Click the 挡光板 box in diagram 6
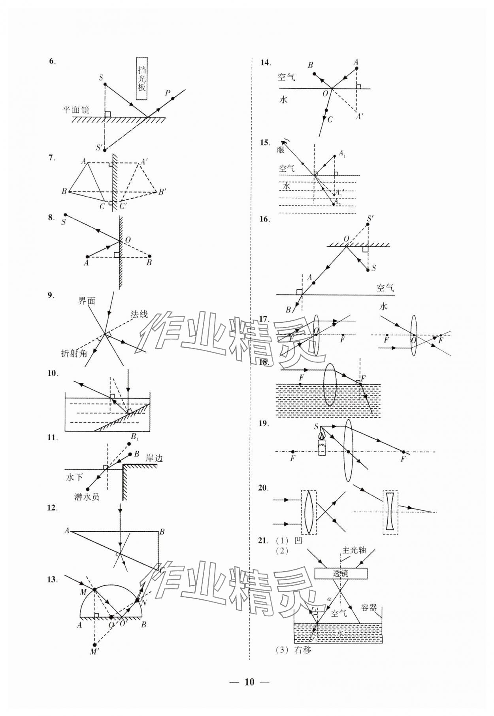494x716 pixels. click(141, 79)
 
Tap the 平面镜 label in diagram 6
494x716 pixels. click(77, 109)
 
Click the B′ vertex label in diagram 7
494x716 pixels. click(162, 192)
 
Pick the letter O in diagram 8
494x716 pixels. click(127, 240)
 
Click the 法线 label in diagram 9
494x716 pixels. click(139, 314)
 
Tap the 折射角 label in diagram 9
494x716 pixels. click(74, 353)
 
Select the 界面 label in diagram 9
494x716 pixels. click(87, 301)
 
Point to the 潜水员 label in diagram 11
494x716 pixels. click(87, 497)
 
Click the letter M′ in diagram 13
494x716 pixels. click(94, 651)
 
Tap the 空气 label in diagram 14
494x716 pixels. click(286, 77)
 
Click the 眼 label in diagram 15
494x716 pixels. click(281, 150)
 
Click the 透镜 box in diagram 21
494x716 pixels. click(341, 573)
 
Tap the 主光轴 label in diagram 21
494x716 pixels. click(354, 550)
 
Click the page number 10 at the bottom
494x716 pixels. click(249, 682)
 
